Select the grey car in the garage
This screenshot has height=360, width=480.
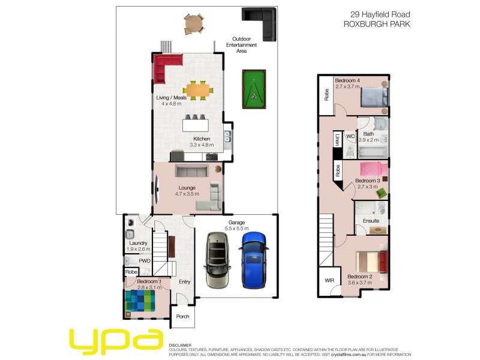point(217,261)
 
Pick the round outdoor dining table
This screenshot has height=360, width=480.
point(194,24)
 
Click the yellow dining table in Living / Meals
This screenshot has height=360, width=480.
point(199,90)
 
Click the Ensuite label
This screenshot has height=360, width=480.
point(371,221)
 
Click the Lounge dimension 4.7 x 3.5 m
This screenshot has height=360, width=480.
point(187,194)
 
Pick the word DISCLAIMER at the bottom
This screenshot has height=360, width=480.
point(180,346)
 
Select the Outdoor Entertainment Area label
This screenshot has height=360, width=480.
point(241,45)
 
